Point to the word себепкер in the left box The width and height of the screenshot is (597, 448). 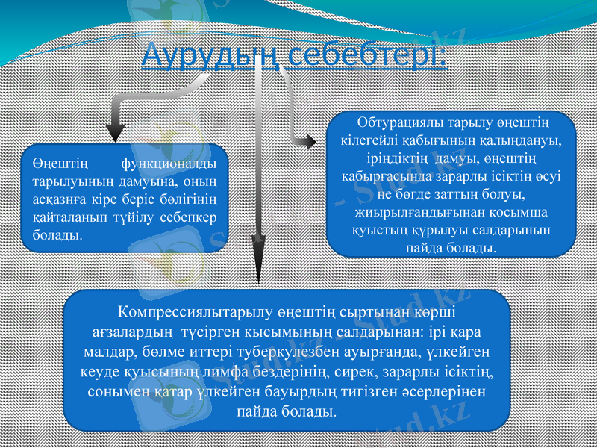(x=186, y=217)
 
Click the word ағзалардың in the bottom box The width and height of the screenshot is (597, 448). (x=131, y=330)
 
